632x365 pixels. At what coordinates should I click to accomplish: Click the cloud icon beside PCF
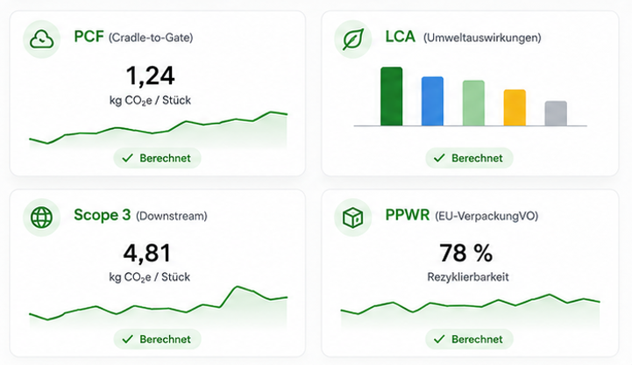pyautogui.click(x=41, y=39)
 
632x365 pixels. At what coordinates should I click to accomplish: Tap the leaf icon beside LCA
pyautogui.click(x=353, y=39)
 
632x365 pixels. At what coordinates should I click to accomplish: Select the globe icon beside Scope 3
pyautogui.click(x=41, y=217)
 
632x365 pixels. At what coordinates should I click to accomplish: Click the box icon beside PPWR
pyautogui.click(x=352, y=218)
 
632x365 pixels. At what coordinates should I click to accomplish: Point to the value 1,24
pyautogui.click(x=151, y=75)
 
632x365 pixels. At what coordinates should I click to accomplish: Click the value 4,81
pyautogui.click(x=147, y=254)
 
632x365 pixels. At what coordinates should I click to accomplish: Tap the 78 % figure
pyautogui.click(x=466, y=253)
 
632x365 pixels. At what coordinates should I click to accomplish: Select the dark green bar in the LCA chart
pyautogui.click(x=391, y=97)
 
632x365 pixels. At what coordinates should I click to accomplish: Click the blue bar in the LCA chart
pyautogui.click(x=432, y=101)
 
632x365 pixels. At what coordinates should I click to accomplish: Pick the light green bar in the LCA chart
pyautogui.click(x=473, y=103)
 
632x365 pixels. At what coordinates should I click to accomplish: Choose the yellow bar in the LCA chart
pyautogui.click(x=515, y=108)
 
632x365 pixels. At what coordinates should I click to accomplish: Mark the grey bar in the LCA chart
pyautogui.click(x=556, y=113)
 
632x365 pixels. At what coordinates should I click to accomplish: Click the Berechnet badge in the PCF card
pyautogui.click(x=157, y=158)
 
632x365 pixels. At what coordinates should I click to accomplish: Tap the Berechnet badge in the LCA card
pyautogui.click(x=469, y=158)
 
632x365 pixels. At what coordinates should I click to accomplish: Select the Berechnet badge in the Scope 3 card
pyautogui.click(x=157, y=340)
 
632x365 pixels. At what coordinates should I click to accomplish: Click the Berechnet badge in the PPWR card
pyautogui.click(x=469, y=340)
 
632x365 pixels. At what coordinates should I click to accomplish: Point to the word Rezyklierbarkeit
pyautogui.click(x=468, y=277)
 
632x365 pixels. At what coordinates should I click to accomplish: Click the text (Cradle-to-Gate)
pyautogui.click(x=151, y=38)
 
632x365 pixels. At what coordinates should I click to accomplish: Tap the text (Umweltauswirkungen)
pyautogui.click(x=482, y=38)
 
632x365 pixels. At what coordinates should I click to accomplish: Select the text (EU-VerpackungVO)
pyautogui.click(x=486, y=216)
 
